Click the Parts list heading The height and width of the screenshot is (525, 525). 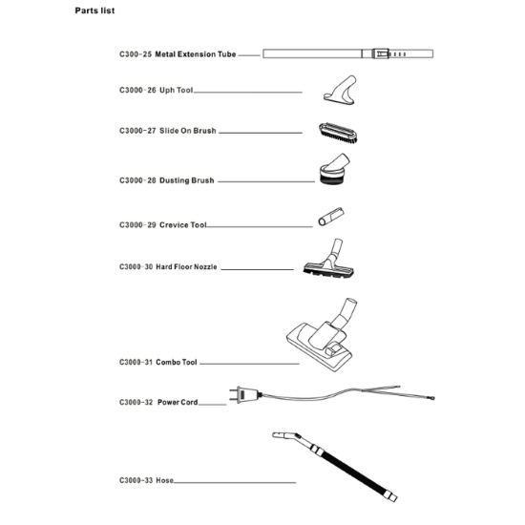tap(94, 10)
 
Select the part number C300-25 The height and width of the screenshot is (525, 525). tap(136, 54)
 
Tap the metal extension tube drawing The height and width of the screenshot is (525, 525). tap(347, 53)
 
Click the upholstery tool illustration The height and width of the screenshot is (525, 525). tap(340, 90)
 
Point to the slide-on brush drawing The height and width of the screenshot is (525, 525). tap(338, 133)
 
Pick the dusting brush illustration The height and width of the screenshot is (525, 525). tap(334, 169)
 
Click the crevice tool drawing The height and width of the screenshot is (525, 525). tap(331, 217)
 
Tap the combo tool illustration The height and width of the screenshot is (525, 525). tap(322, 335)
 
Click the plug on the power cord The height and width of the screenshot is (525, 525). tap(245, 395)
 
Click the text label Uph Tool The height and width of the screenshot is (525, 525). tap(177, 91)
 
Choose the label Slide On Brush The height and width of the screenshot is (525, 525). tap(188, 131)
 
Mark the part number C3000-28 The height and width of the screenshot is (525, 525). tap(137, 180)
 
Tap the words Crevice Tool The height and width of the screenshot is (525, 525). tap(183, 225)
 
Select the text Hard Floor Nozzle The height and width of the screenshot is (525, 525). tap(186, 267)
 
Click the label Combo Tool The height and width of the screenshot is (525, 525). tap(177, 363)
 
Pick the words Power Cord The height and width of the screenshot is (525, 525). tap(178, 402)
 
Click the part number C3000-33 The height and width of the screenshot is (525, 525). tap(136, 480)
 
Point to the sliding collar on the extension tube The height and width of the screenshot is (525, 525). tap(381, 53)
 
